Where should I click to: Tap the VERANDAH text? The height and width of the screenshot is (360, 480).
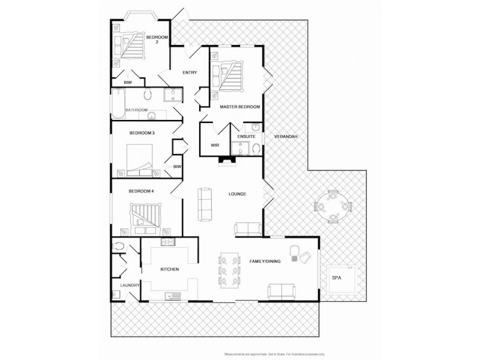point(286,137)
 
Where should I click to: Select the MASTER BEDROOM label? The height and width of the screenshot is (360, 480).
point(239,107)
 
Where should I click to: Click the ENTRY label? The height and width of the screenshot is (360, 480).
point(190,73)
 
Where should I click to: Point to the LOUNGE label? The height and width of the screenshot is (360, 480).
point(238,194)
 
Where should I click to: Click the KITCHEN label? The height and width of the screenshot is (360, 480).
point(170,270)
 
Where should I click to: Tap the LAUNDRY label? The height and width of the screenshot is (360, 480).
point(130,286)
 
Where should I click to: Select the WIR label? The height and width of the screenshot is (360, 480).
point(214,145)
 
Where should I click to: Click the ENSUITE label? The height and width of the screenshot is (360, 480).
point(246,137)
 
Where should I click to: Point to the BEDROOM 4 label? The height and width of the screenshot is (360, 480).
point(142,191)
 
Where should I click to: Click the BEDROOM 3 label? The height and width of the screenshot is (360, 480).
point(142,133)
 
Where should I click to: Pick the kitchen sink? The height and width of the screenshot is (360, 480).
point(173,295)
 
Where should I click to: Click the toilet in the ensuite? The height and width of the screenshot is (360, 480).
point(256,149)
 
